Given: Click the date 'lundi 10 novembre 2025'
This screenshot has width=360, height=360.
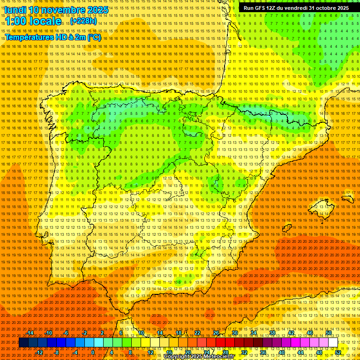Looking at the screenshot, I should click(57, 10).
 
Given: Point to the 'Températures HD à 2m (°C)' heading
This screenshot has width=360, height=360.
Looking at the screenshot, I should click(53, 37).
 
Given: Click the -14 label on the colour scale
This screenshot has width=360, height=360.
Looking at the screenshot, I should click(30, 333).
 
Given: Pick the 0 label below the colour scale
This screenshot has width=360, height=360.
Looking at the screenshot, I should click(93, 352).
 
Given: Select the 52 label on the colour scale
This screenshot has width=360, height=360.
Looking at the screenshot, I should click(338, 352).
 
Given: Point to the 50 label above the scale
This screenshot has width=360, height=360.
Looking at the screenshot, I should click(329, 333).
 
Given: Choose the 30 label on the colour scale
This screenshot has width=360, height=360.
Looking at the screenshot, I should click(235, 333).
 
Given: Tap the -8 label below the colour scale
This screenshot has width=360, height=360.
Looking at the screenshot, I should click(57, 352).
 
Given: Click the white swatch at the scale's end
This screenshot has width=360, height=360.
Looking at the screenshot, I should click(333, 343).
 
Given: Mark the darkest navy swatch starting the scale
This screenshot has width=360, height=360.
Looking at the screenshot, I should click(23, 343).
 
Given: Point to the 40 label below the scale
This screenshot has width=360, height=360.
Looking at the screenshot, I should click(281, 352).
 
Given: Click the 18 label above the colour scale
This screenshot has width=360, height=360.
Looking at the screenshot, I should click(179, 333).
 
